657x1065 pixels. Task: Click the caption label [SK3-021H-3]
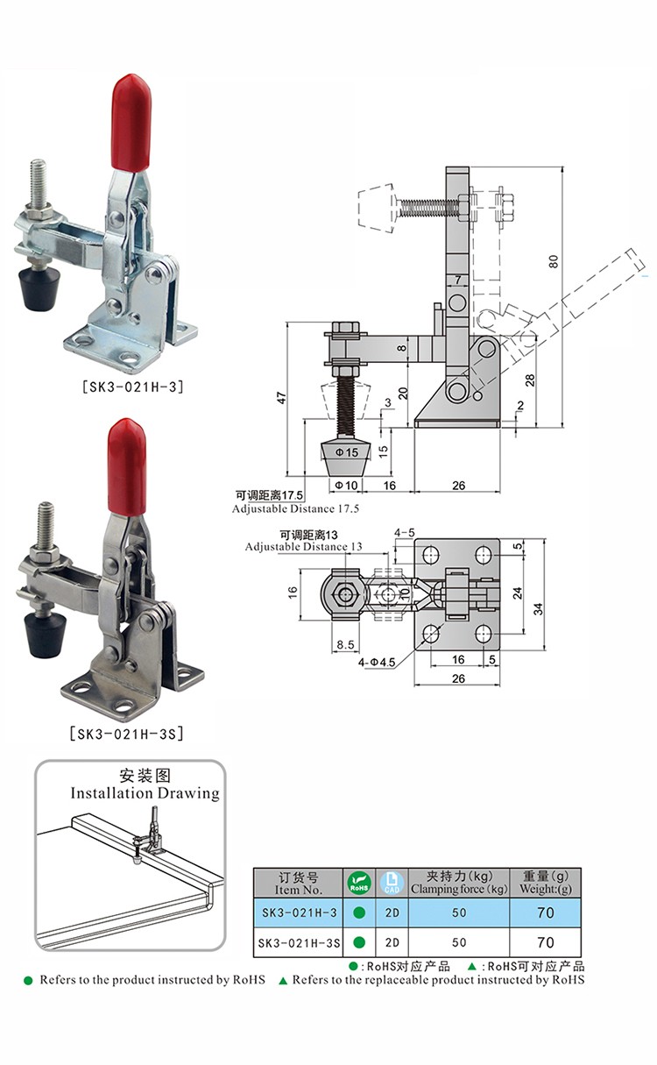[x=133, y=385]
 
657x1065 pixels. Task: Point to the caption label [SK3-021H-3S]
[x=131, y=733]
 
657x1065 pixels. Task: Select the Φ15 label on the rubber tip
[x=348, y=452]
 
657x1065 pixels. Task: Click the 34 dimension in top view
[x=538, y=605]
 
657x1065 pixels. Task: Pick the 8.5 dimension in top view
[x=345, y=645]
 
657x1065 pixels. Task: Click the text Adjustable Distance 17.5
[x=295, y=508]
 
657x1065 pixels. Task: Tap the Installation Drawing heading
[x=145, y=793]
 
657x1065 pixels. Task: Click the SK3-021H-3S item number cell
[x=300, y=943]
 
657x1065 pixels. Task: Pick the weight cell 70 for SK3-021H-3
[x=545, y=912]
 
